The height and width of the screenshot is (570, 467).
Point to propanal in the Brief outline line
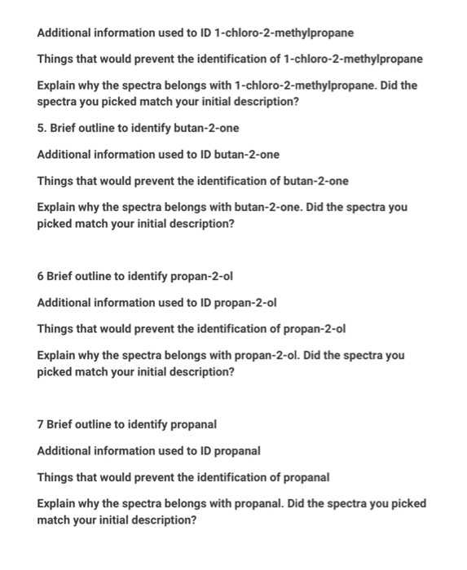[x=195, y=424]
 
